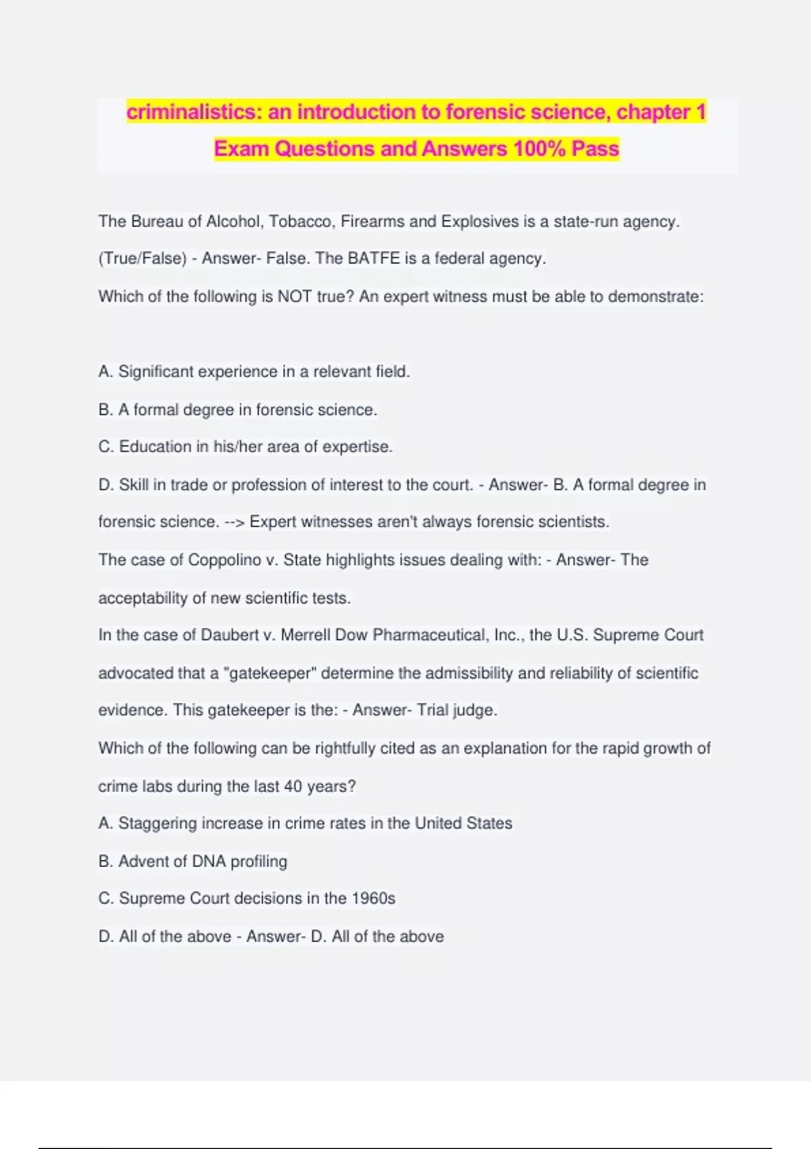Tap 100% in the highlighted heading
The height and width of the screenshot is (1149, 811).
(539, 149)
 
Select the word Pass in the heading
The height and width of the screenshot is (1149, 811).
(595, 149)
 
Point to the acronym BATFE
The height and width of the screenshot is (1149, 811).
(374, 259)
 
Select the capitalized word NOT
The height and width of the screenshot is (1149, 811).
(295, 297)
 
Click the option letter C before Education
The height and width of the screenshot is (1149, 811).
(105, 447)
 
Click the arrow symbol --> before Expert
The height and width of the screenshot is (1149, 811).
(234, 522)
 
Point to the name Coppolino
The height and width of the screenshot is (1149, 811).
(224, 560)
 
